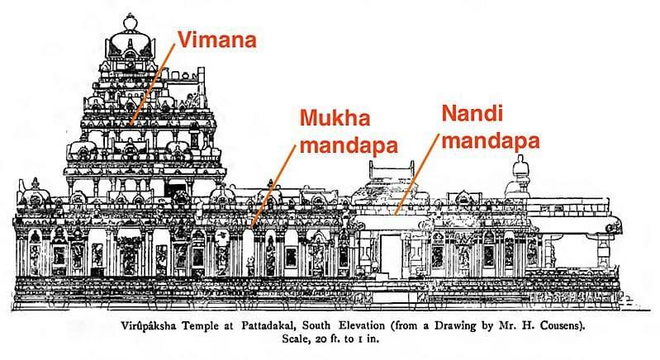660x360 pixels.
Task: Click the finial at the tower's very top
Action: [x=129, y=18]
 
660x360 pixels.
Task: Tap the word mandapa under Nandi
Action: [x=490, y=141]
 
